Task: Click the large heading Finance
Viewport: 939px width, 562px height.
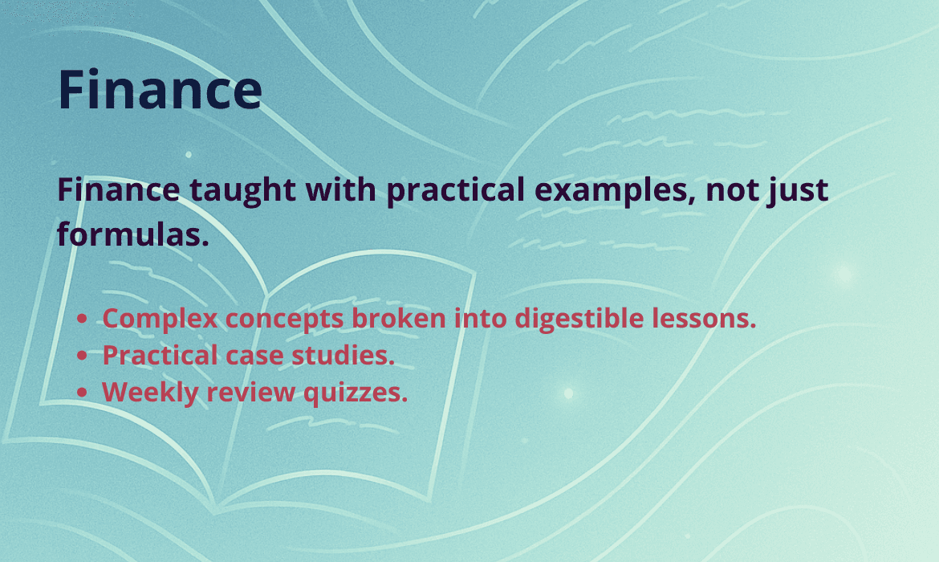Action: click(160, 90)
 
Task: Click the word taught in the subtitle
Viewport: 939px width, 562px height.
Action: click(242, 190)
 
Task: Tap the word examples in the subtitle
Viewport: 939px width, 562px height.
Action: click(615, 190)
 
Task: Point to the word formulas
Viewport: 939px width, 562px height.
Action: click(133, 234)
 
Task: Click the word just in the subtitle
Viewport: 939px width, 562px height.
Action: click(799, 190)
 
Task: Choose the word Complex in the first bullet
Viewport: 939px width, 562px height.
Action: click(160, 319)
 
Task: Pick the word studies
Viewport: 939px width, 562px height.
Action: click(343, 356)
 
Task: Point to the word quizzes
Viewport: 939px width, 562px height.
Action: click(355, 393)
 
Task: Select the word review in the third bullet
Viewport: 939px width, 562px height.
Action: click(251, 393)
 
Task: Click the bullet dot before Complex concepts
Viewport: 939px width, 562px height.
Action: click(83, 319)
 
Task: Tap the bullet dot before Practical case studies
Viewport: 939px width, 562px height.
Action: click(83, 356)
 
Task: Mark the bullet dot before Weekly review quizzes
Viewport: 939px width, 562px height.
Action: click(83, 393)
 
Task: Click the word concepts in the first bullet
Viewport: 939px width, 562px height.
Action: click(284, 319)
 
